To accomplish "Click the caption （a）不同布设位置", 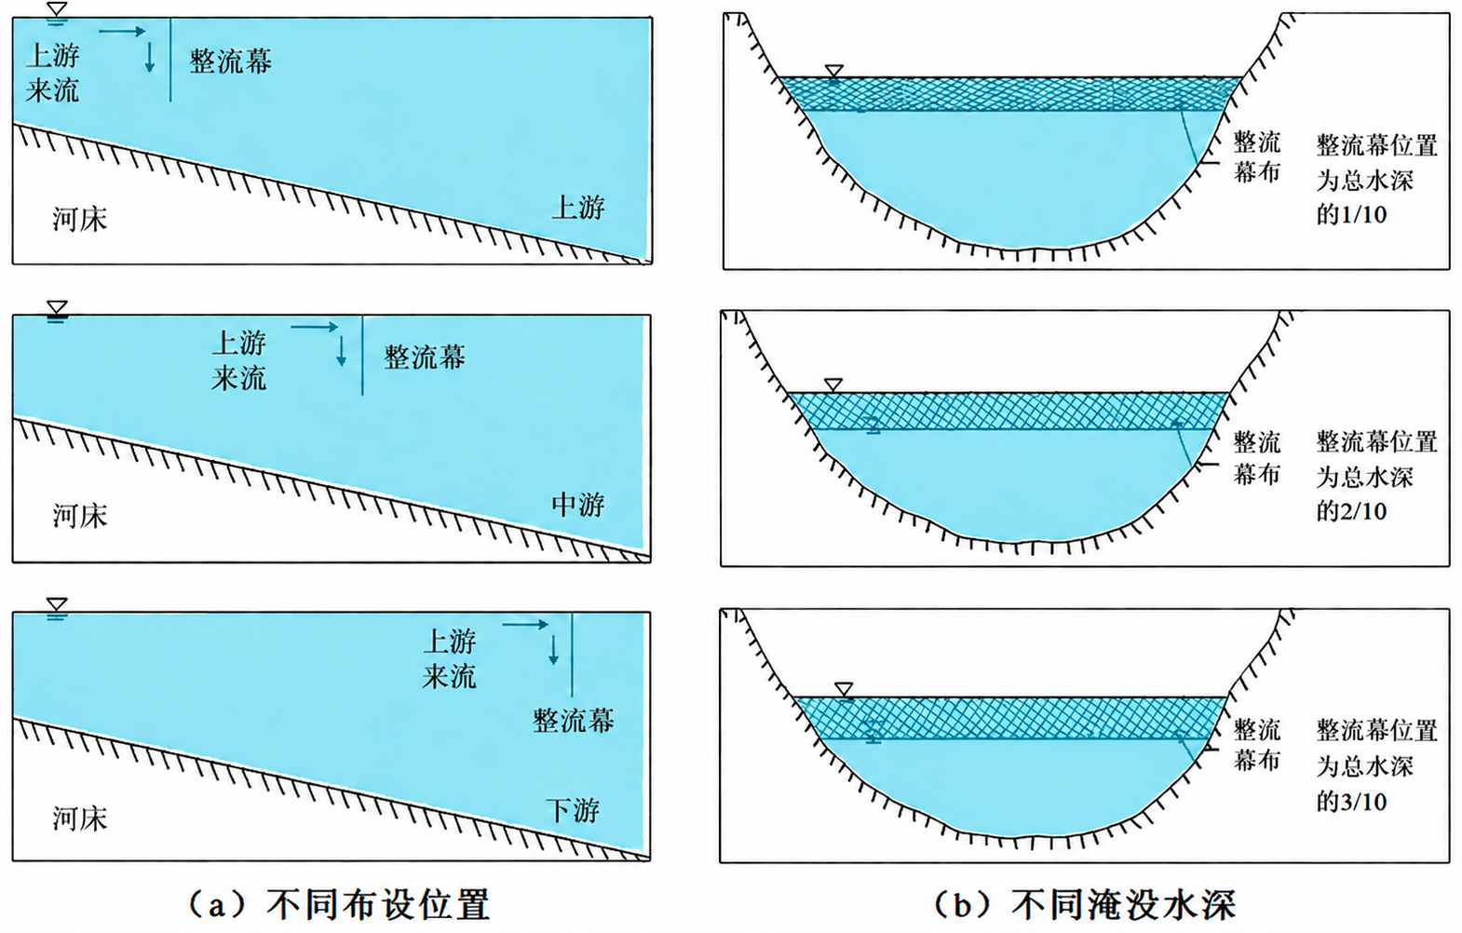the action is point(339,903).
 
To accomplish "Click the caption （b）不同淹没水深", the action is point(1085,905).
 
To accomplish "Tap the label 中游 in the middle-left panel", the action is point(578,505).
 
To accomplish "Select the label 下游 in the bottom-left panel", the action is point(573,810).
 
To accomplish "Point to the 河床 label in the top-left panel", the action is point(80,219).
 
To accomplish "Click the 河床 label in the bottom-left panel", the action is point(80,818).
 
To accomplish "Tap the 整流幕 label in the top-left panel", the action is point(230,61).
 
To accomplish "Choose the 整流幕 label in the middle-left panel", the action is point(425,357).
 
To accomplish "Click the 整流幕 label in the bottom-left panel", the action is point(573,721).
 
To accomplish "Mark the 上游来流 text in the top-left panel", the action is point(52,73).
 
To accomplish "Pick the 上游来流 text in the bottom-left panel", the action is point(449,658).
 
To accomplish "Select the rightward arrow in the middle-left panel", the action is point(316,326).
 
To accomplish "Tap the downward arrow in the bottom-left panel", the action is point(553,650).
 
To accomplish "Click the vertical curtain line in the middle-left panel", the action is point(362,356).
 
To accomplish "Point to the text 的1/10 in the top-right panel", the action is point(1351,215).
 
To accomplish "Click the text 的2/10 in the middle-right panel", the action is point(1351,511).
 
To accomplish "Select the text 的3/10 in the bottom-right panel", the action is point(1351,801).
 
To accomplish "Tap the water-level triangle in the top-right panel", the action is point(834,71).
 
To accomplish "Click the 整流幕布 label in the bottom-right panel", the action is point(1257,744).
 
